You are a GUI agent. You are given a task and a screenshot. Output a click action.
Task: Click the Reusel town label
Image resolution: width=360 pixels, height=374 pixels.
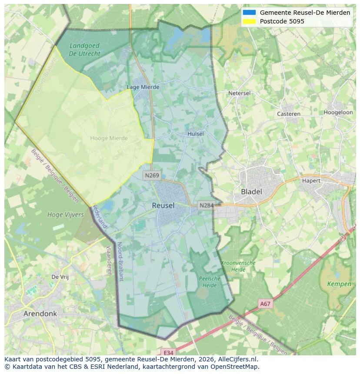coord(163,205)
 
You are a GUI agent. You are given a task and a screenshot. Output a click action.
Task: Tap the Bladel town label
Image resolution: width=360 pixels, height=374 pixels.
coord(251,192)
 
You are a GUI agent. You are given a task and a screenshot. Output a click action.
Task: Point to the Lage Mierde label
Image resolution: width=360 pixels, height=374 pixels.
coord(143,87)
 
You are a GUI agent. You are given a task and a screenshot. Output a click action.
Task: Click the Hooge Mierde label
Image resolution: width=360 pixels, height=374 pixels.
coord(109,138)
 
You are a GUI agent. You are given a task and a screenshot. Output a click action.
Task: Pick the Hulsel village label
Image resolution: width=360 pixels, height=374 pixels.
coord(195,134)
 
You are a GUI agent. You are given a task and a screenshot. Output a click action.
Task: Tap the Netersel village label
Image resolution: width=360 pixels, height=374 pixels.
coord(240,93)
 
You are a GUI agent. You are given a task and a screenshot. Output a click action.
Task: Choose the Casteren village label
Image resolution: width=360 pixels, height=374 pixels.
coord(289,114)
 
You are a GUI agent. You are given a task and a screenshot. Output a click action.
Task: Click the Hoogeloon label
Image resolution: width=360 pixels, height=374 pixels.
coord(338,112)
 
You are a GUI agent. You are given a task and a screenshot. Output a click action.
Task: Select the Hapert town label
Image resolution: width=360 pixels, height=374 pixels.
coord(311,181)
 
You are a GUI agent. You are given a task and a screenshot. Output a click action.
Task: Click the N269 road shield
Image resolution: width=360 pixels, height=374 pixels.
coord(151,175)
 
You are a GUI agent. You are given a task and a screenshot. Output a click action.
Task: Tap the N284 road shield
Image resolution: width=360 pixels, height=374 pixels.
coord(206,205)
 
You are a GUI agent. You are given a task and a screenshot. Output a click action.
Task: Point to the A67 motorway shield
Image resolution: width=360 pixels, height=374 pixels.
coord(265,304)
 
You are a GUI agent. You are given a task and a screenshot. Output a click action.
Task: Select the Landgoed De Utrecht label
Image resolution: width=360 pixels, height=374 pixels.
coord(84,50)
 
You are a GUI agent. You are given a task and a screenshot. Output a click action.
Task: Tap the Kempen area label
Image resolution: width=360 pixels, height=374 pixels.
coord(339,284)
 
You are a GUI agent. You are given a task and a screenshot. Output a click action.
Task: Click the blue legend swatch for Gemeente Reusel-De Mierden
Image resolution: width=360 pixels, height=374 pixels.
coord(249,13)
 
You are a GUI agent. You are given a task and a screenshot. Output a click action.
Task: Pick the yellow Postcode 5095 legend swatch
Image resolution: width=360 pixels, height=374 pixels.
coord(249,21)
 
